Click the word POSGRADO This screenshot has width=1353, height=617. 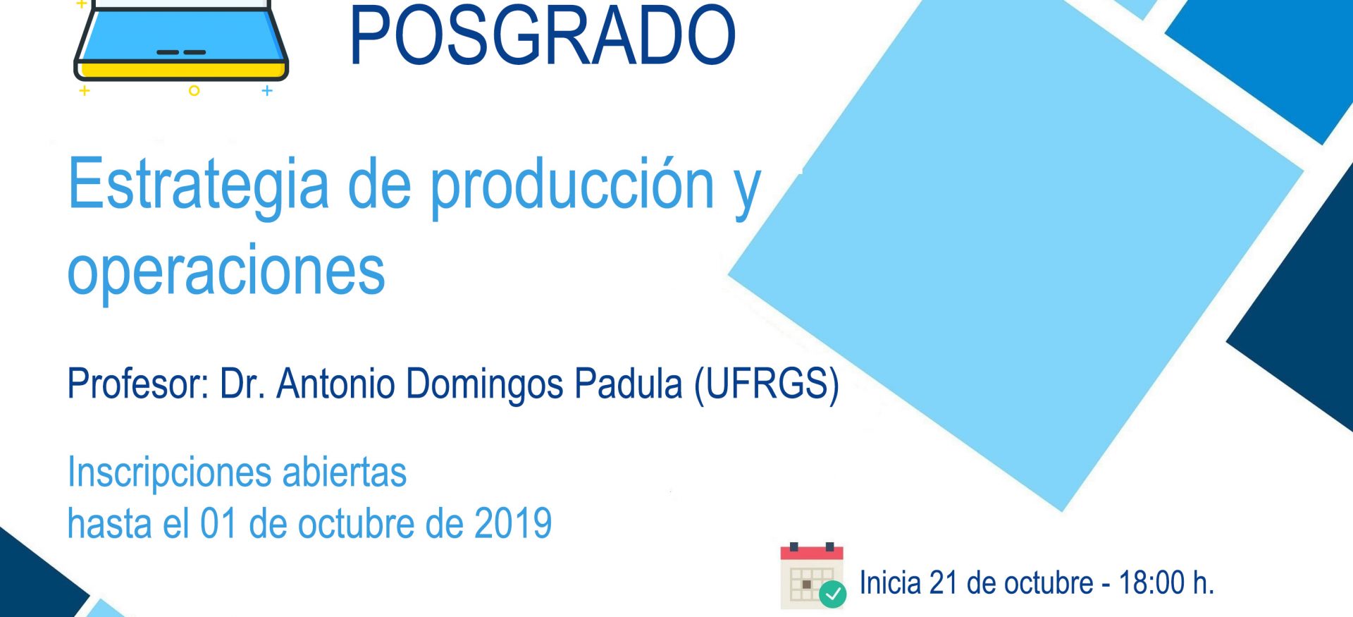coord(543,35)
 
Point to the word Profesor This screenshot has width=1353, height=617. coord(138,384)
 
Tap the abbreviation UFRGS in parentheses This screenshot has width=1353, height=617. coord(767,385)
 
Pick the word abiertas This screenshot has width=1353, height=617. coord(345,472)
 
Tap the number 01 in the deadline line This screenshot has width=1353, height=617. coord(218,524)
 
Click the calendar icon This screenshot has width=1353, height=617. coord(812,575)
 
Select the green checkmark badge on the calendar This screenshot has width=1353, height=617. coord(832,594)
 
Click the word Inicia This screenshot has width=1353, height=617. coord(890,583)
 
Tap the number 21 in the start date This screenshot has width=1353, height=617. coord(942,583)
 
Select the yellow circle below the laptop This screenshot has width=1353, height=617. coord(194,91)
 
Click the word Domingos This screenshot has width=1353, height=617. coord(484,385)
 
